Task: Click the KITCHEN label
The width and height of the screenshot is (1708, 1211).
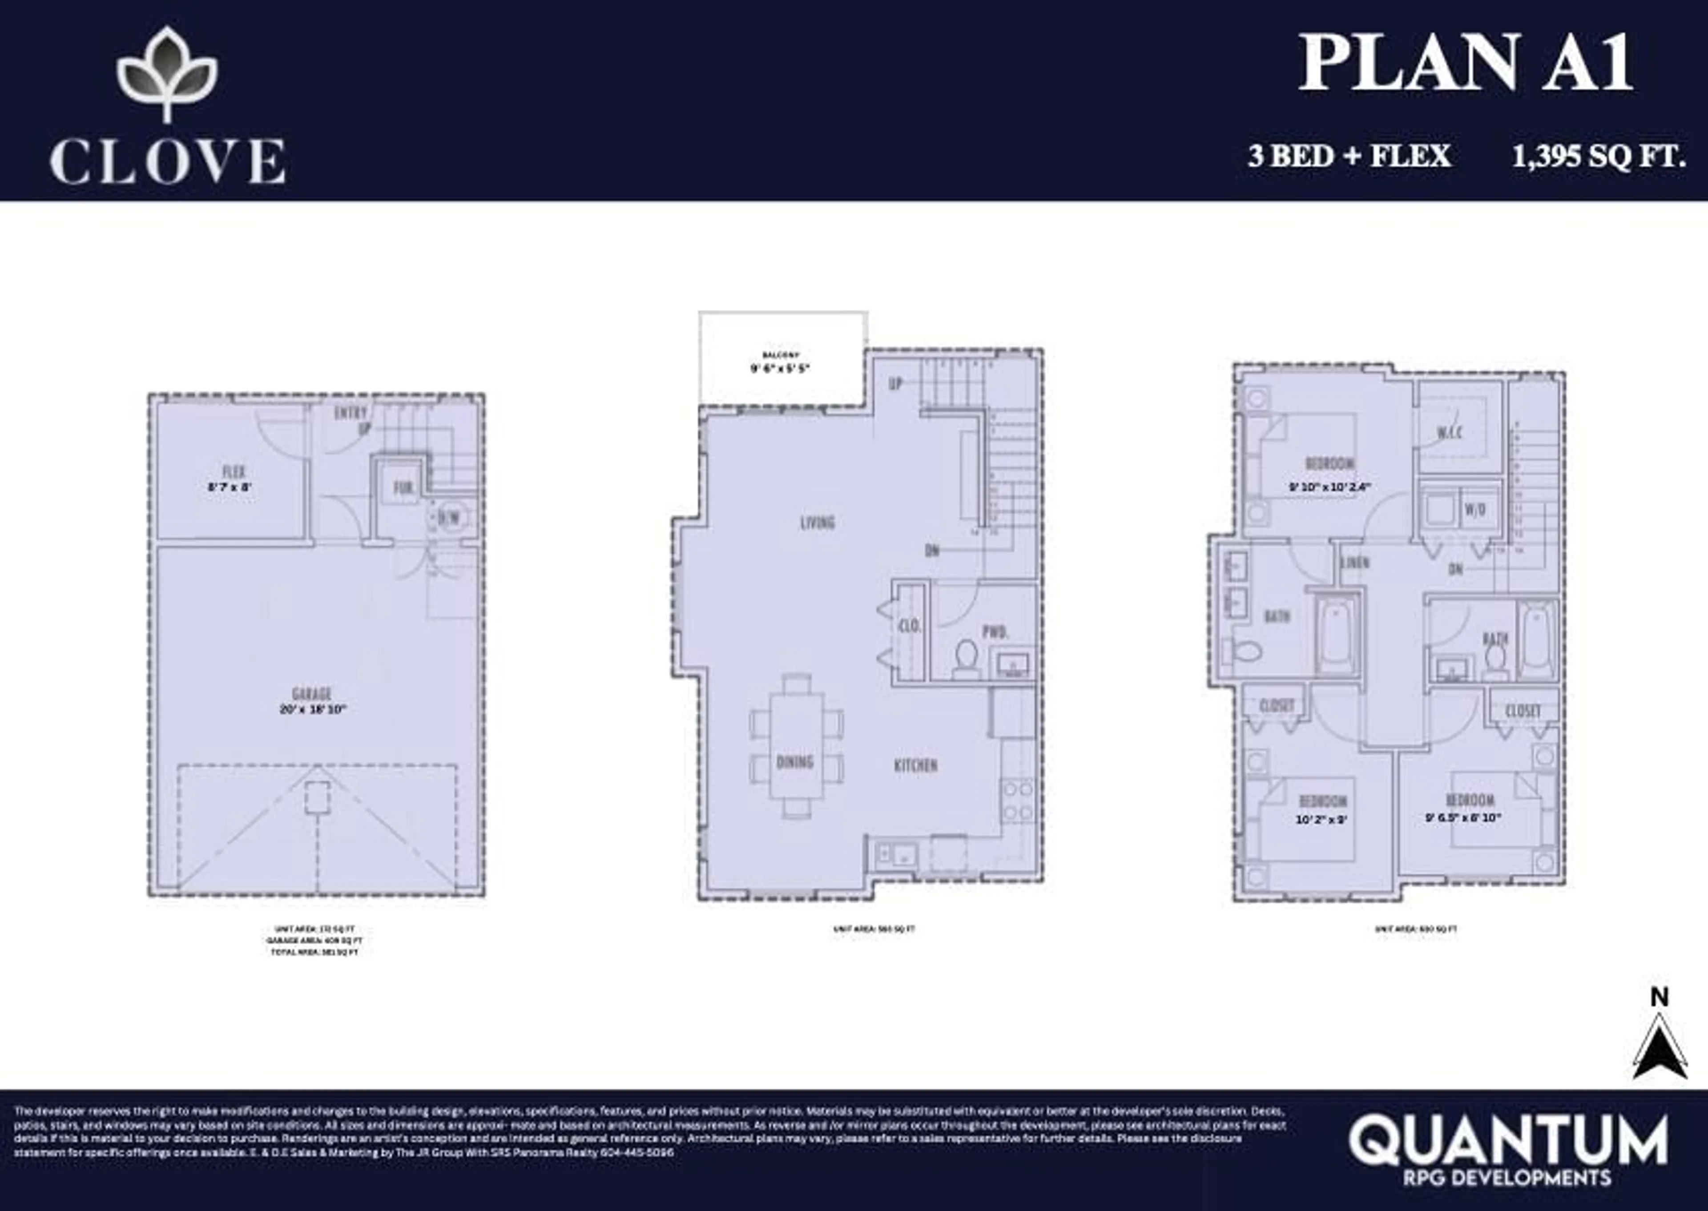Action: [x=915, y=765]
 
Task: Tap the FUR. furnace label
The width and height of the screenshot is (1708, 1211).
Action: [x=403, y=488]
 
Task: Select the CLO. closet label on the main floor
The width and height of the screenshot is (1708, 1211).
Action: [x=909, y=626]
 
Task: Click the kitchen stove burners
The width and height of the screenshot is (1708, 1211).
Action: [x=1017, y=800]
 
